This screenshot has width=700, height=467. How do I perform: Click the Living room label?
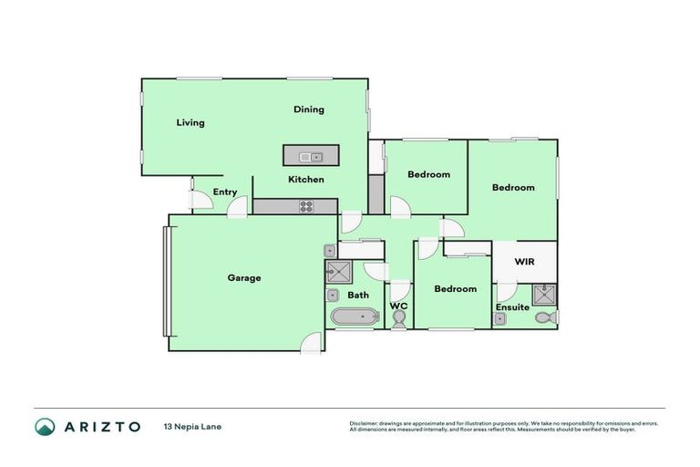(x=190, y=123)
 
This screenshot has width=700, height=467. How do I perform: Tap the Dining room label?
(x=309, y=110)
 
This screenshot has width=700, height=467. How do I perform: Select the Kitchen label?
(x=306, y=180)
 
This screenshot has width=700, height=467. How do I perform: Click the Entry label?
(x=225, y=192)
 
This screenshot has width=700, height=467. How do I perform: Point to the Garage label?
(x=244, y=278)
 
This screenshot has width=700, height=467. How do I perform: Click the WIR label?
(x=524, y=262)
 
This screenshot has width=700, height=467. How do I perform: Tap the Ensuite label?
(x=512, y=308)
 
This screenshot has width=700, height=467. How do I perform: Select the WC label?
(x=399, y=306)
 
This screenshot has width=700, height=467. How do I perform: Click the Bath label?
(x=357, y=295)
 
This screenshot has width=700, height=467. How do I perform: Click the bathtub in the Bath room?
(x=353, y=317)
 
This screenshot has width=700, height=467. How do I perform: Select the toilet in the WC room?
(x=399, y=318)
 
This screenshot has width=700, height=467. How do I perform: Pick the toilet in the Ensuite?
(x=544, y=317)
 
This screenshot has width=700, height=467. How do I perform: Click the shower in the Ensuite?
(x=545, y=294)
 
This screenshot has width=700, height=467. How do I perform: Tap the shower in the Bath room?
(x=339, y=270)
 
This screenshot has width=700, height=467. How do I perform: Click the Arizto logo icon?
(x=45, y=427)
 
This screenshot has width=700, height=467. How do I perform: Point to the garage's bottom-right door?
(x=313, y=343)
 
